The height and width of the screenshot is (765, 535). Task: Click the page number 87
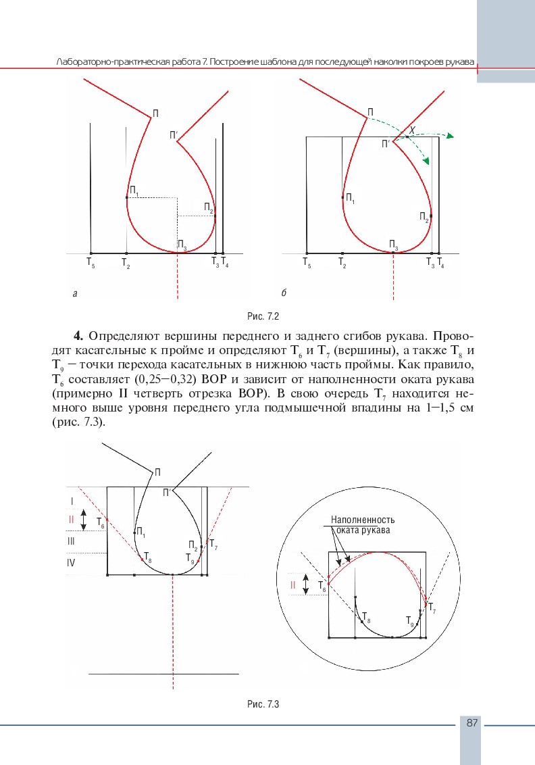click(x=472, y=723)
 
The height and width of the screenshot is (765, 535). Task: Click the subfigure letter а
click(x=74, y=293)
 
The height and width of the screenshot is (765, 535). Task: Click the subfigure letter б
click(x=284, y=293)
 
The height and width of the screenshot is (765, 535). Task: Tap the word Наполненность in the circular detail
click(x=363, y=520)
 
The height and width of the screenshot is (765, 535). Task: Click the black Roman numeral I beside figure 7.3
click(x=71, y=501)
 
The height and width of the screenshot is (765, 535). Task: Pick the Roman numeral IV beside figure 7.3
click(x=72, y=562)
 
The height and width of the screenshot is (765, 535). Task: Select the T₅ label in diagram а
click(x=91, y=262)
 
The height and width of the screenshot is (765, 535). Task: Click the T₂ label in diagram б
click(x=342, y=262)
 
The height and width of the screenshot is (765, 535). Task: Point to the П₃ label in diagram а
click(x=182, y=244)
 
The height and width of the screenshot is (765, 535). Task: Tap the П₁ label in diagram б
click(x=350, y=199)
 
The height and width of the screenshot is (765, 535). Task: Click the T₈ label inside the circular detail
click(x=366, y=616)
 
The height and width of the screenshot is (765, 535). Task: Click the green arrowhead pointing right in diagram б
click(x=449, y=136)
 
